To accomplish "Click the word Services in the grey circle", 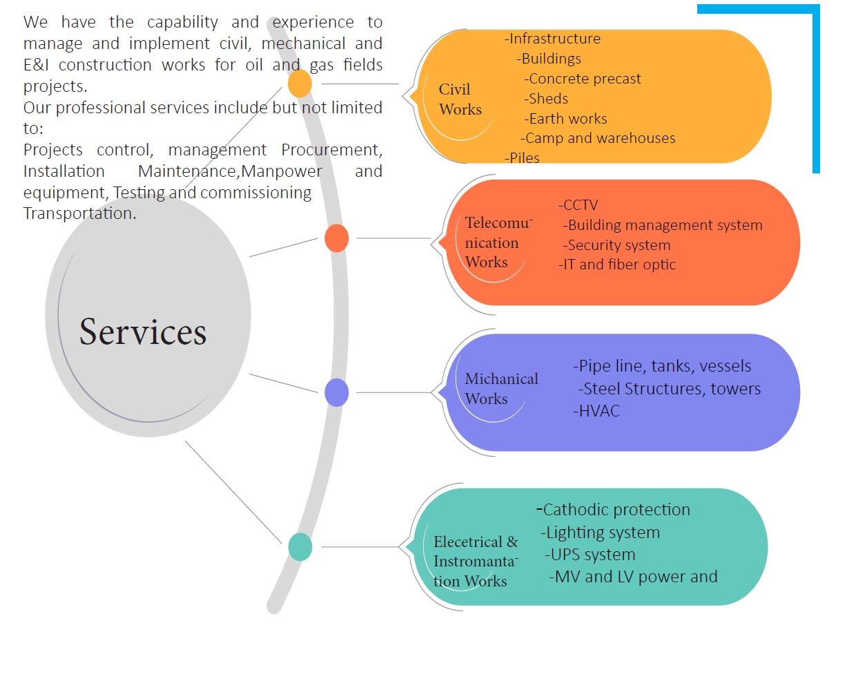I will point(143,332).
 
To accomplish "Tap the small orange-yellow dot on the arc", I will point(300,84).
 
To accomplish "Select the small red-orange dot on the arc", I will point(336,238).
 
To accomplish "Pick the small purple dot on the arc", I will point(336,392).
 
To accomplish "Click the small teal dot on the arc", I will point(300,547).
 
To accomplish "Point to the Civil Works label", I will point(460,99).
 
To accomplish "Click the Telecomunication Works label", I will point(497,242).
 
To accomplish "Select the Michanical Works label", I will point(500,389).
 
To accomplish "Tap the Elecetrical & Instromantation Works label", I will point(475,562).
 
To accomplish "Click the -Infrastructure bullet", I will point(552,39).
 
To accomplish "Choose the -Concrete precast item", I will point(582,79).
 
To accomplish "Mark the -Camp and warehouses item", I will point(598,138).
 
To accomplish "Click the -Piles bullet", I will point(522,158).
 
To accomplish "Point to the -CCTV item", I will point(578,205).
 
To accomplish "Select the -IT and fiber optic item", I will point(616,265).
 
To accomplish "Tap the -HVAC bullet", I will point(596,411).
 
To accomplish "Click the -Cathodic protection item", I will point(613,510).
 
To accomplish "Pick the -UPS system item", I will point(590,555).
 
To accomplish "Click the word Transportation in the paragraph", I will point(79,213).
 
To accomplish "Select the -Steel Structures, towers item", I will point(669,389).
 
